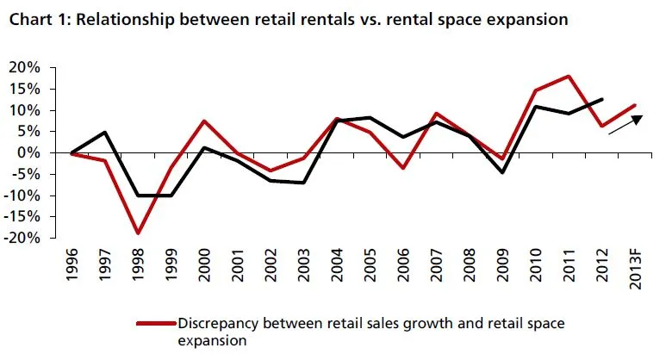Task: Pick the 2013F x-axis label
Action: coord(636,270)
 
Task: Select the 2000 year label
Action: coord(204,266)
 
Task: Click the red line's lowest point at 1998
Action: coord(137,233)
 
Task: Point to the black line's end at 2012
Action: coord(602,100)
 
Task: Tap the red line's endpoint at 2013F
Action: coord(636,106)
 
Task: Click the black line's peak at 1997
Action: coord(103,133)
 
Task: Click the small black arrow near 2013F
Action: coord(625,125)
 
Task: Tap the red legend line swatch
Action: coord(154,325)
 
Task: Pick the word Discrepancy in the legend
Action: coord(215,324)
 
